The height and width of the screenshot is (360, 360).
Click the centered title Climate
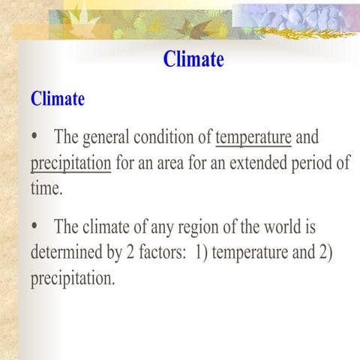(193, 59)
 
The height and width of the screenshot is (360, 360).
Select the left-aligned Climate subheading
(58, 98)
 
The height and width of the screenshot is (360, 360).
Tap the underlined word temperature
(253, 138)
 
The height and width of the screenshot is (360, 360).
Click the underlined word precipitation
(70, 163)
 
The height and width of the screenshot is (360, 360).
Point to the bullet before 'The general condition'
(35, 138)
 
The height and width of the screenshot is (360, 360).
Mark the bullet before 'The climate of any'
(35, 227)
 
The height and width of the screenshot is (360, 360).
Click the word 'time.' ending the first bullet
(46, 188)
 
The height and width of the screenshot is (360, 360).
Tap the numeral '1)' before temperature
(201, 252)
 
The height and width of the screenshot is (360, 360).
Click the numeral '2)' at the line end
(324, 252)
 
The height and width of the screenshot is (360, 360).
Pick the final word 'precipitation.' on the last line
(73, 278)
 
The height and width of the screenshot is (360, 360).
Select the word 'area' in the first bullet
(151, 163)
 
